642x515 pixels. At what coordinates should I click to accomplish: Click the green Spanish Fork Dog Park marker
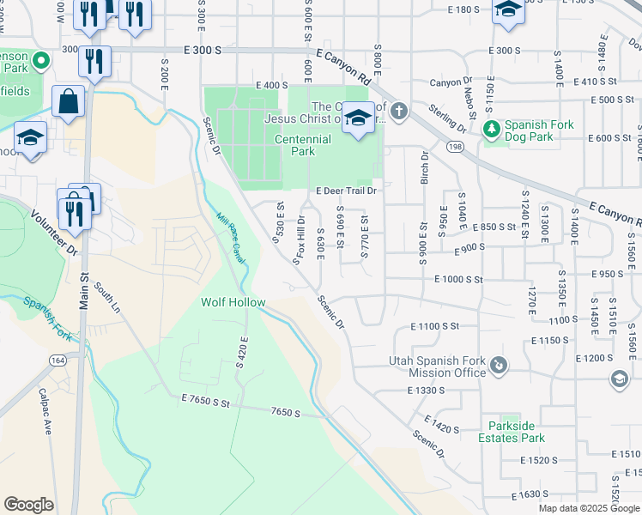(x=492, y=130)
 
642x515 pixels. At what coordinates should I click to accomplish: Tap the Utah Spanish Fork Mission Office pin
(x=498, y=367)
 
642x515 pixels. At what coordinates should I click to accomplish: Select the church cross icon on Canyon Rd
(x=397, y=111)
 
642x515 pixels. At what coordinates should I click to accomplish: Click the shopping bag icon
(x=68, y=103)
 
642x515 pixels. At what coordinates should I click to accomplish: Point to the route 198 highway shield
(x=451, y=148)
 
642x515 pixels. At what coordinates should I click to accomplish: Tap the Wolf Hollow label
(x=233, y=303)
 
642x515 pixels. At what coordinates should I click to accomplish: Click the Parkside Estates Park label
(x=517, y=432)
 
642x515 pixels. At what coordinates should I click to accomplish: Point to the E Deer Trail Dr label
(x=347, y=191)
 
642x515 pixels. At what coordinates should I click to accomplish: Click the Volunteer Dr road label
(x=55, y=233)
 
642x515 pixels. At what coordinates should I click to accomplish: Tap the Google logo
(x=29, y=505)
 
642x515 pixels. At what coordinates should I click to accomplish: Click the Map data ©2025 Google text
(x=587, y=508)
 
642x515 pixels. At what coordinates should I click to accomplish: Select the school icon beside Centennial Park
(x=358, y=120)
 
